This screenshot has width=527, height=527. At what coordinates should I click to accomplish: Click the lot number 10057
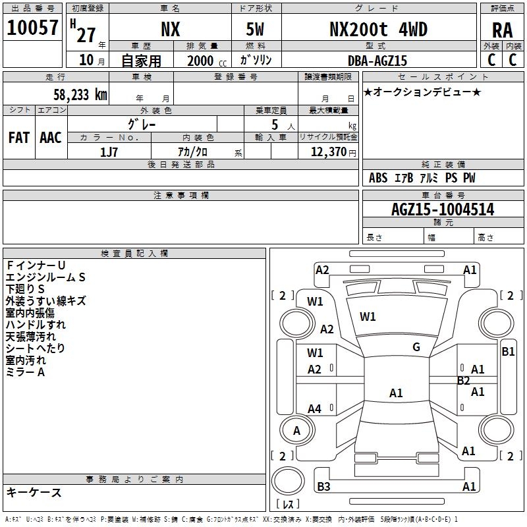coord(33,27)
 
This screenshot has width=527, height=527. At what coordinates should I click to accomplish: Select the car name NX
coord(171,29)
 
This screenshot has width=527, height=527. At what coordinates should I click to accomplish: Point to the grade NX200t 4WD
coord(378,29)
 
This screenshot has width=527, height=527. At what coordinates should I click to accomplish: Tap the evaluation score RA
coord(502,30)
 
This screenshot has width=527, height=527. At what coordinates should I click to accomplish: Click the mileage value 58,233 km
coord(80,94)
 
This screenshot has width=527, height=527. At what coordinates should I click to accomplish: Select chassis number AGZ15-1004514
coord(442,209)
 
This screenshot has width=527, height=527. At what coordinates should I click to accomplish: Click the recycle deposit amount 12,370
coord(328,152)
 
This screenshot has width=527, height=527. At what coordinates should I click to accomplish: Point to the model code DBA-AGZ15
coord(377,60)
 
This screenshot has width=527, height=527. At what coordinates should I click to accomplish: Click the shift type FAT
coord(18,137)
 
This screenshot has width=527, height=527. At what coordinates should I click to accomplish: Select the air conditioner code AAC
coord(50,137)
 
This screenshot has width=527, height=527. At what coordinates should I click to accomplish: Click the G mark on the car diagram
coord(416,347)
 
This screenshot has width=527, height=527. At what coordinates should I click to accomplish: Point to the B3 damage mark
coord(323,487)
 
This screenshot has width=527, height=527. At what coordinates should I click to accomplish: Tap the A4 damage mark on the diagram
coord(315,409)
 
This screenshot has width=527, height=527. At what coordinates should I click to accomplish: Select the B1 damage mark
coord(508,352)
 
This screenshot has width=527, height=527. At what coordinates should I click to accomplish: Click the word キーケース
coord(34,492)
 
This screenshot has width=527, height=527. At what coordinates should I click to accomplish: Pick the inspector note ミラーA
coord(25,372)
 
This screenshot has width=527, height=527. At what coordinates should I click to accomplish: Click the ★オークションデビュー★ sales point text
coord(422,92)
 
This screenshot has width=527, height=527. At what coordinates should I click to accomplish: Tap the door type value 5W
coord(256,29)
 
